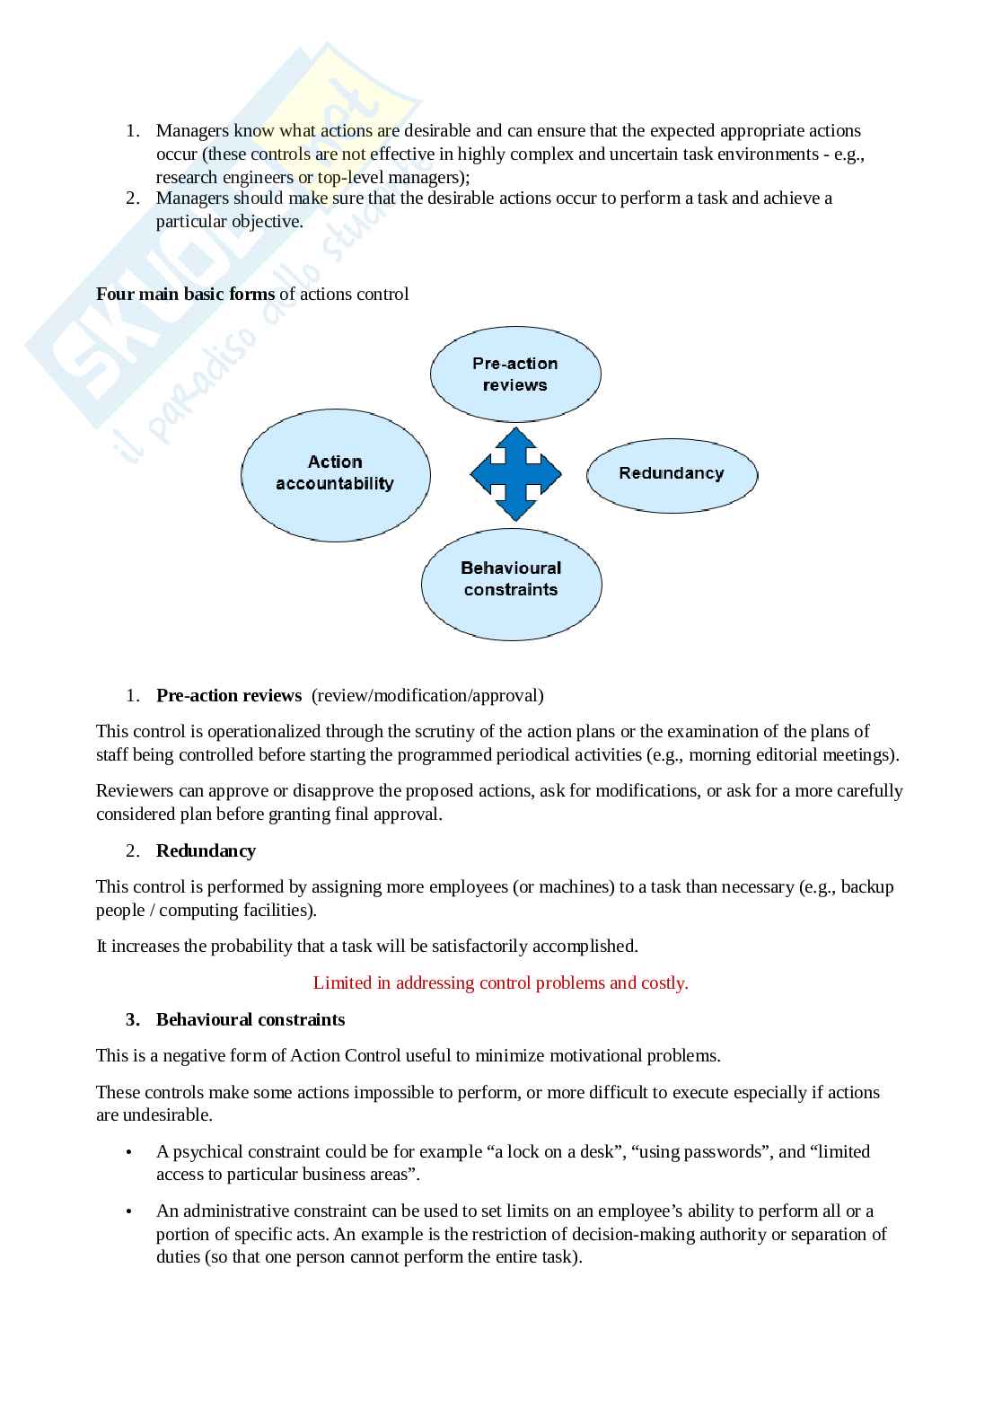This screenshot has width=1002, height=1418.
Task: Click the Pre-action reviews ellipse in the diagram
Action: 515,374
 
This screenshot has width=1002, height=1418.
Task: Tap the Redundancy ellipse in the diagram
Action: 672,473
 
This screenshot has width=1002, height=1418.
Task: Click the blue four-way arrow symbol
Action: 515,473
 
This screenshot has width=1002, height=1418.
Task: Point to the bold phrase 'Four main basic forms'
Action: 185,295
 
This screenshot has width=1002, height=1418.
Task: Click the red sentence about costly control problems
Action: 500,982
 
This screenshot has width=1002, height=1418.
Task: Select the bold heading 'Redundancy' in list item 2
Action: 206,850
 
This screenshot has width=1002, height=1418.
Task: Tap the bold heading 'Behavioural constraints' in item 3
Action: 250,1019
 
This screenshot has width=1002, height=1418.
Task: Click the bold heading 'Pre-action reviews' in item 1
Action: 229,695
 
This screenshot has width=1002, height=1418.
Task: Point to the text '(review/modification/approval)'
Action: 427,695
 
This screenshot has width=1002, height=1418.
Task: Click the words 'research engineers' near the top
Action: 224,177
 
